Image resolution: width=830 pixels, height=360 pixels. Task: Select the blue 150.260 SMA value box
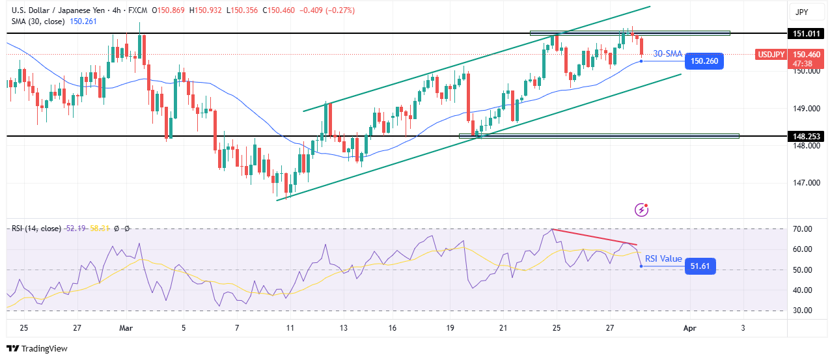704,61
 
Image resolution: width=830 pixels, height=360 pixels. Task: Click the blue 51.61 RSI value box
700,266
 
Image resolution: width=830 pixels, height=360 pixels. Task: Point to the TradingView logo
37,348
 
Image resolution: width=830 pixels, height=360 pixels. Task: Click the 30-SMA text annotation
667,54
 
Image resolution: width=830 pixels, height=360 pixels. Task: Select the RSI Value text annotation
663,259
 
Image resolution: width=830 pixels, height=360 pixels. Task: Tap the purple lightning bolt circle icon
643,210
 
